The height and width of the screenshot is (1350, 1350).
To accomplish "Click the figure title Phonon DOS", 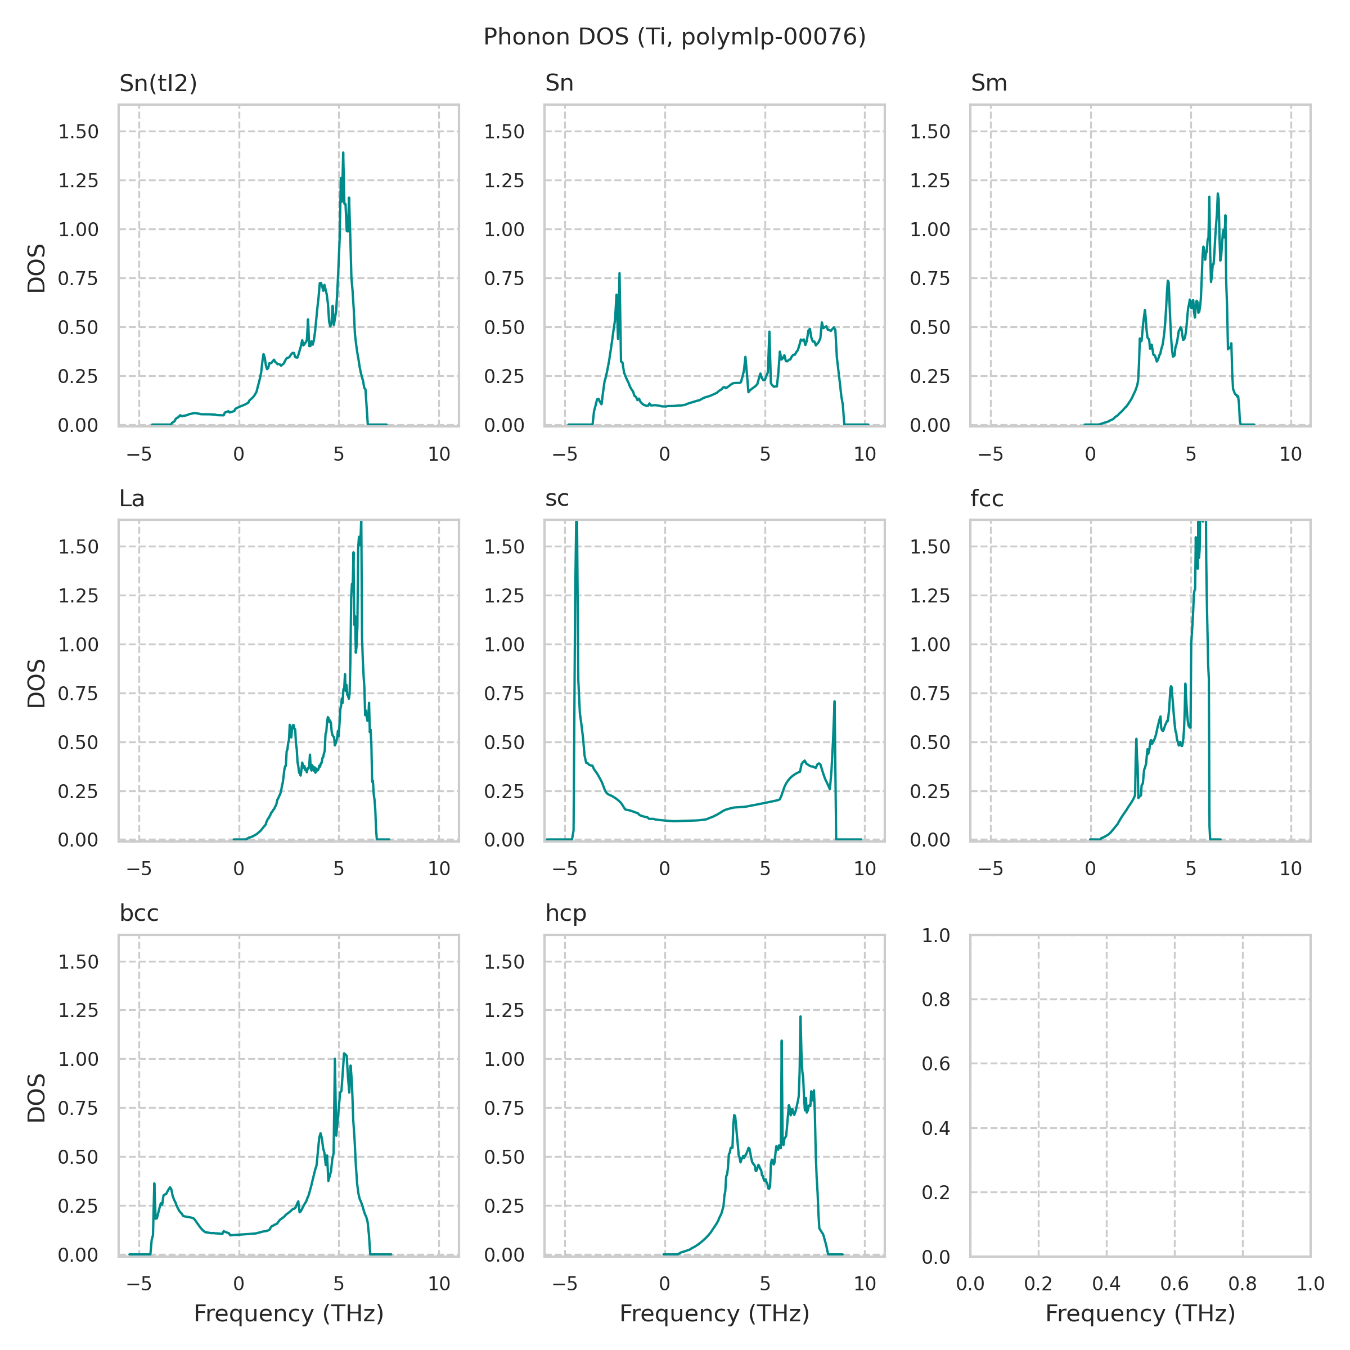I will pos(674,37).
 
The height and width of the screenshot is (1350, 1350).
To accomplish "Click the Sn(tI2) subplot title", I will pos(158,83).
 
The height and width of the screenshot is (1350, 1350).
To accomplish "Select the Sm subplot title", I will pos(989,83).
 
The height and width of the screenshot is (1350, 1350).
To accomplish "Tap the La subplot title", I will pos(132,498).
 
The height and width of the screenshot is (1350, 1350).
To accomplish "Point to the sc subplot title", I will pos(557,498).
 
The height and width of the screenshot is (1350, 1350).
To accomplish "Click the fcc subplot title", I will pos(987,498).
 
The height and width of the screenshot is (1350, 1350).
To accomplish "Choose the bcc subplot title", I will pos(139,913).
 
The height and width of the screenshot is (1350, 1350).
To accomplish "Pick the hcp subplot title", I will pos(565,913).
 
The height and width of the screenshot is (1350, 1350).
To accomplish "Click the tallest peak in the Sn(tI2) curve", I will pos(343,154).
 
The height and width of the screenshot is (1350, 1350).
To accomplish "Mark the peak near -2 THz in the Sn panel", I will pos(619,274).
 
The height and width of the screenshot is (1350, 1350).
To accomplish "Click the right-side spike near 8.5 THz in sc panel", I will pos(834,701).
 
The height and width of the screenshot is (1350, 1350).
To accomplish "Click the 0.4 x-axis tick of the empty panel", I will pos(1106,1284).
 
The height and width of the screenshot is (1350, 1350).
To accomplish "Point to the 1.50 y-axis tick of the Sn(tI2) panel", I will pos(78,132).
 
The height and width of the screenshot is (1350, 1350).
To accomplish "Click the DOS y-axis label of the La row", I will pos(37,683).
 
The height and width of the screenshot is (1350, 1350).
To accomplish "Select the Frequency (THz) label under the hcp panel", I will pos(714,1313).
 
